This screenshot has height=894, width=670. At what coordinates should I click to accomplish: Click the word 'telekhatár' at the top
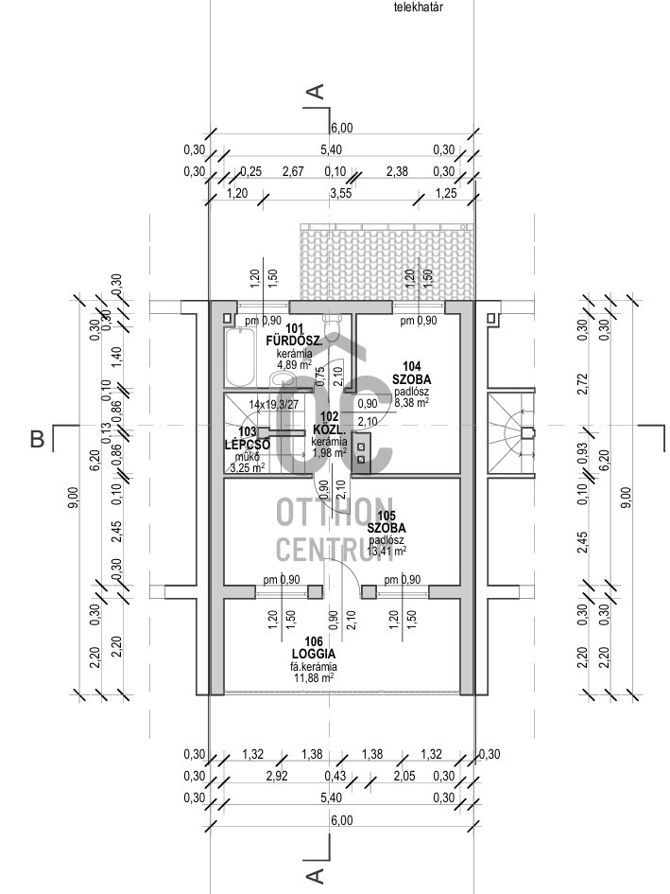[419, 7]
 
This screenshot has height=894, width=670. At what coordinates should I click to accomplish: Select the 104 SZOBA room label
[411, 373]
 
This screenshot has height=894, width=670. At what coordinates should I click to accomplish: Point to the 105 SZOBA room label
[387, 521]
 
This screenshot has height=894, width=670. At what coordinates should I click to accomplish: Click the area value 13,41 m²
[387, 550]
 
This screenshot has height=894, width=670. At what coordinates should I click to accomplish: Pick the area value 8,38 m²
[411, 401]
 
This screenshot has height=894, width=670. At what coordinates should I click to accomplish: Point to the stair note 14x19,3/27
[273, 404]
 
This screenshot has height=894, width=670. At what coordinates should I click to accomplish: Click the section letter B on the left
[38, 439]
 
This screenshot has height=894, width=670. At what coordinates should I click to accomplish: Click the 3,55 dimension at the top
[341, 193]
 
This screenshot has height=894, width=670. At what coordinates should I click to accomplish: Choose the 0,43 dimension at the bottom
[335, 776]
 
